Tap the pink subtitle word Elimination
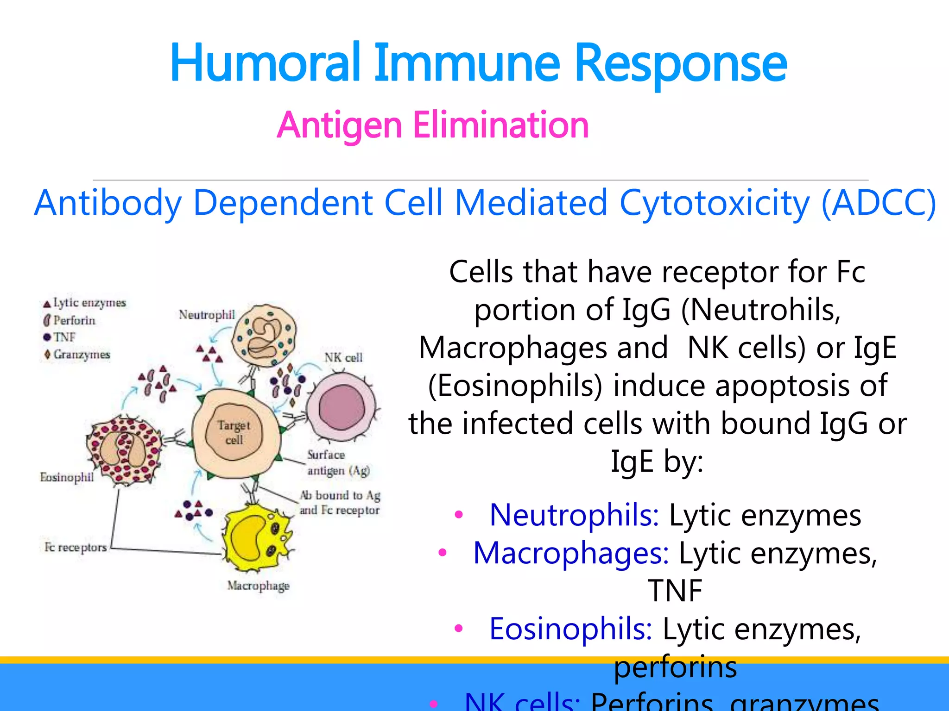(500, 125)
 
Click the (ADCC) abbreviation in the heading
(878, 203)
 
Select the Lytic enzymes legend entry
(85, 303)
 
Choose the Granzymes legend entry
(77, 355)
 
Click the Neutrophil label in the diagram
(207, 315)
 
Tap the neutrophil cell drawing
(264, 336)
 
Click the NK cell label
(343, 357)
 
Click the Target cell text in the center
(234, 432)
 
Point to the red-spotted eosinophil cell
(124, 449)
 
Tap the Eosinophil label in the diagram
(66, 477)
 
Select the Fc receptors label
(75, 547)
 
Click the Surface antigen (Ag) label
(338, 462)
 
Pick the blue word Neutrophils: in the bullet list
(574, 515)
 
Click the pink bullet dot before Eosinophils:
(459, 629)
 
